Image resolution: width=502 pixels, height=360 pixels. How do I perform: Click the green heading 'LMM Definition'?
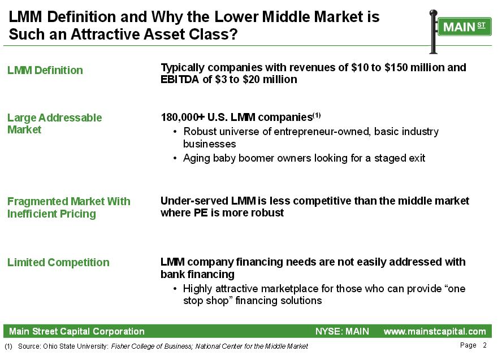[45, 70]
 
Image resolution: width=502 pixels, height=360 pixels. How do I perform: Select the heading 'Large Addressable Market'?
[54, 124]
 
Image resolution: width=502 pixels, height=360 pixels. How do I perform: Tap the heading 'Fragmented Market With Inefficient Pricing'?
[69, 207]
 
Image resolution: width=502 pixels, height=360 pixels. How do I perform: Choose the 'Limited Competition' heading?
[58, 262]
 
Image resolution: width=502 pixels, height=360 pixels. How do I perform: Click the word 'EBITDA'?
[180, 79]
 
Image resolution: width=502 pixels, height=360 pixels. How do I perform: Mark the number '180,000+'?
[183, 118]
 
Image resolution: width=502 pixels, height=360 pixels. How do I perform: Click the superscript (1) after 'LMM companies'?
[317, 115]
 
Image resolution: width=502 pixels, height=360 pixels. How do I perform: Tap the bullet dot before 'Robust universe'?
[175, 132]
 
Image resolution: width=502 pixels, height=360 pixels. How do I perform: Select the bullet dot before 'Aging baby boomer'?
[175, 158]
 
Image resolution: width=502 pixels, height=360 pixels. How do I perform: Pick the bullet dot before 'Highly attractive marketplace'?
[175, 289]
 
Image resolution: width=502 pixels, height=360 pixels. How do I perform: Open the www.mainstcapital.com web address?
[435, 332]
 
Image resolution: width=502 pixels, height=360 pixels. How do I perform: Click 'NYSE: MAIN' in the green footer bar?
[342, 332]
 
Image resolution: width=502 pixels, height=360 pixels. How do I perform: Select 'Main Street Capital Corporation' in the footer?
[77, 332]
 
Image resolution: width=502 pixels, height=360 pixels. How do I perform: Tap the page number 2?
[484, 345]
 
